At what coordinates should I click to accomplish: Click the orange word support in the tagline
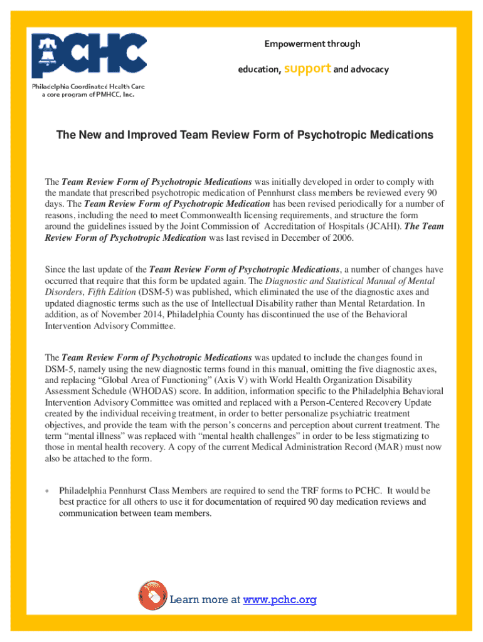[x=307, y=68]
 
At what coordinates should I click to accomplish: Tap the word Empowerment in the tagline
[x=294, y=44]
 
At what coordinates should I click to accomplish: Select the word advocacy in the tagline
[x=369, y=69]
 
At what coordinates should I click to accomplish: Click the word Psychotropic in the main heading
[x=329, y=135]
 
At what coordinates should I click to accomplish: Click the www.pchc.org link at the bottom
[x=280, y=600]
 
